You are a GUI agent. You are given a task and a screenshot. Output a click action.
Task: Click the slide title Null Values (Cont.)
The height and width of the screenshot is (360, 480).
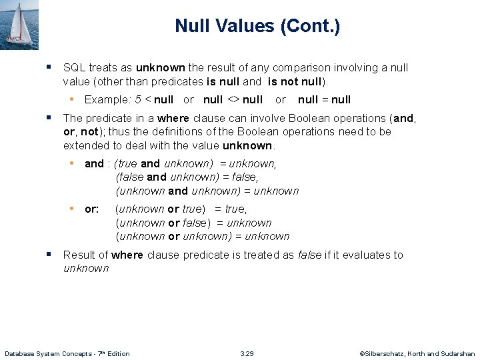[x=257, y=26]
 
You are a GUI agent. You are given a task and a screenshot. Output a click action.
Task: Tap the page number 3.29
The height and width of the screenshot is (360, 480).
[x=247, y=353]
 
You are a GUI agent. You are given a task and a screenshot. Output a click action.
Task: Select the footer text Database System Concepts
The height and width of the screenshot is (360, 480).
[x=67, y=353]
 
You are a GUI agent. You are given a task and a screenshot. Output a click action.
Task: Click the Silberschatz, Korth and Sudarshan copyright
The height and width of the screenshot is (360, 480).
[x=417, y=353]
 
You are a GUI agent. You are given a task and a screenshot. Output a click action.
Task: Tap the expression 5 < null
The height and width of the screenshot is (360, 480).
[x=154, y=99]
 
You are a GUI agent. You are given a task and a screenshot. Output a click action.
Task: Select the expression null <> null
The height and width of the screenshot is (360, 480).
[x=233, y=99]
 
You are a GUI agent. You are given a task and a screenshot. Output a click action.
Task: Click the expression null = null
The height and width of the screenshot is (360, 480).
[x=324, y=99]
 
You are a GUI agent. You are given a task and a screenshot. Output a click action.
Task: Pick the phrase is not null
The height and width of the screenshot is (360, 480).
[x=295, y=81]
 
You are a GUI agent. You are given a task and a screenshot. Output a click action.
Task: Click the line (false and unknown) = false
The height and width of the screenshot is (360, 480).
[x=187, y=177]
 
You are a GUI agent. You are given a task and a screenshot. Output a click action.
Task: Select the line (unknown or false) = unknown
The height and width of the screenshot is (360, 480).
[x=193, y=223]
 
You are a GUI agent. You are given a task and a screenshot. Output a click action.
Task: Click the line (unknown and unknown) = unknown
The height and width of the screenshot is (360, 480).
[x=207, y=191]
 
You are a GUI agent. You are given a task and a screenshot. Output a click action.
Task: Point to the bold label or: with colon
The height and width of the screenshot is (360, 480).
[x=92, y=209]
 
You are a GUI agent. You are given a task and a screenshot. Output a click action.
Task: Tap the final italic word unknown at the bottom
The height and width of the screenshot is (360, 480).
[x=85, y=268]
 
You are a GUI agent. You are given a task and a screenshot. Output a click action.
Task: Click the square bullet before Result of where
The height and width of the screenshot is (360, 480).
[x=49, y=254]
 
